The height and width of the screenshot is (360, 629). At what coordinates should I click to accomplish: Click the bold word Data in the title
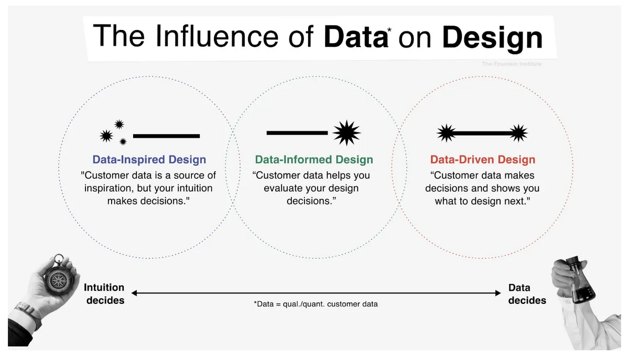pyautogui.click(x=356, y=37)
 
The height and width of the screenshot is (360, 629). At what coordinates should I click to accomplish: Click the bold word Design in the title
pyautogui.click(x=493, y=38)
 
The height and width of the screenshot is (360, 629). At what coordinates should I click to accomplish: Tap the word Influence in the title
pyautogui.click(x=217, y=36)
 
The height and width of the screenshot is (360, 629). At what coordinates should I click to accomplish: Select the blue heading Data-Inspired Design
pyautogui.click(x=149, y=159)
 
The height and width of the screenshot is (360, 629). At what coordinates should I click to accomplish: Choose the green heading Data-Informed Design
pyautogui.click(x=314, y=159)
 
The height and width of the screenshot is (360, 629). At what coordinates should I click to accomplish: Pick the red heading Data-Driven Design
pyautogui.click(x=483, y=159)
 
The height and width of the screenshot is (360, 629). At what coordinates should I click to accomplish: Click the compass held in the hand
pyautogui.click(x=59, y=278)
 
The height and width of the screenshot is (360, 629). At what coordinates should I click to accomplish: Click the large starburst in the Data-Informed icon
pyautogui.click(x=346, y=133)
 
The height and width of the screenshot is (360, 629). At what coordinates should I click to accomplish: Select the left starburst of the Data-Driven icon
pyautogui.click(x=446, y=133)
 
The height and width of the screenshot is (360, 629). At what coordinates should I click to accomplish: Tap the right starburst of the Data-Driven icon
pyautogui.click(x=518, y=133)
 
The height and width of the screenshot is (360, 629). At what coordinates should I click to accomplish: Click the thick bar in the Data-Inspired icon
pyautogui.click(x=167, y=136)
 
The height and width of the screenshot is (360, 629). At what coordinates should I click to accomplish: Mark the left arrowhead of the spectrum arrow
pyautogui.click(x=134, y=293)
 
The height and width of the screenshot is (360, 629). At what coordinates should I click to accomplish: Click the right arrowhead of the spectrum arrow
pyautogui.click(x=498, y=293)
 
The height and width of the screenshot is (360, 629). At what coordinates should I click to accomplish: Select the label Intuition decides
pyautogui.click(x=104, y=294)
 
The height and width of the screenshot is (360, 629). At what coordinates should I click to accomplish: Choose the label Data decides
pyautogui.click(x=527, y=294)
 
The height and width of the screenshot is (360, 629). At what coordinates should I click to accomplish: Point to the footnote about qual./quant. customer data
pyautogui.click(x=316, y=304)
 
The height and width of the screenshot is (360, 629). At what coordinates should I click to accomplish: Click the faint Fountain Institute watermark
pyautogui.click(x=512, y=64)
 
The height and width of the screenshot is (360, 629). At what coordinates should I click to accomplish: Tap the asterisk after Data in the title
pyautogui.click(x=389, y=30)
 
